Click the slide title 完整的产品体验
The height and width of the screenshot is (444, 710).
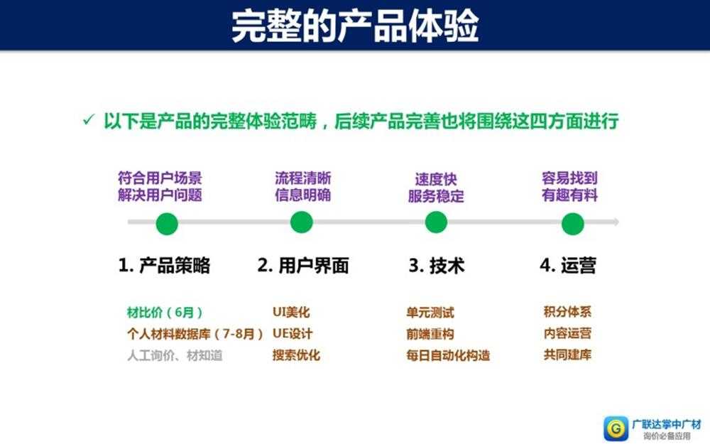(355, 26)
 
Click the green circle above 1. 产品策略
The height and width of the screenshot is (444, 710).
(167, 224)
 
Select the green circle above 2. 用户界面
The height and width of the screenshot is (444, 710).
(302, 222)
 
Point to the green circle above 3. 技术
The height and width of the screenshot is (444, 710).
(436, 222)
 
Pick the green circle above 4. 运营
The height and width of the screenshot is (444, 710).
(572, 224)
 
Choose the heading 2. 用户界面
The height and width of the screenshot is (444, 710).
(303, 266)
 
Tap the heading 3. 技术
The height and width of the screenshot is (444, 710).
(437, 266)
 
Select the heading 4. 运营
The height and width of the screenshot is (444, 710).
(568, 266)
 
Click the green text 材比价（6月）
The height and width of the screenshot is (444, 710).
(165, 312)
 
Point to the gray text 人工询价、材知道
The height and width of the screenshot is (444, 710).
(174, 355)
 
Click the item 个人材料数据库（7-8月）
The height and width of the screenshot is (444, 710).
(195, 334)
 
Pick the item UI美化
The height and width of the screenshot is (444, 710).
(291, 312)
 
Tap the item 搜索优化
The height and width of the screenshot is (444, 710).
(296, 355)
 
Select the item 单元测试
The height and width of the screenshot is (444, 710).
(430, 312)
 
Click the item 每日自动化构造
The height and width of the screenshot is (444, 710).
(448, 355)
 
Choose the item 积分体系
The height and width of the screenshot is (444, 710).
(567, 312)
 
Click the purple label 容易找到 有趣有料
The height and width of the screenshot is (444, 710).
(570, 187)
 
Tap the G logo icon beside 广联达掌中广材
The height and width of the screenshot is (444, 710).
(614, 428)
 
